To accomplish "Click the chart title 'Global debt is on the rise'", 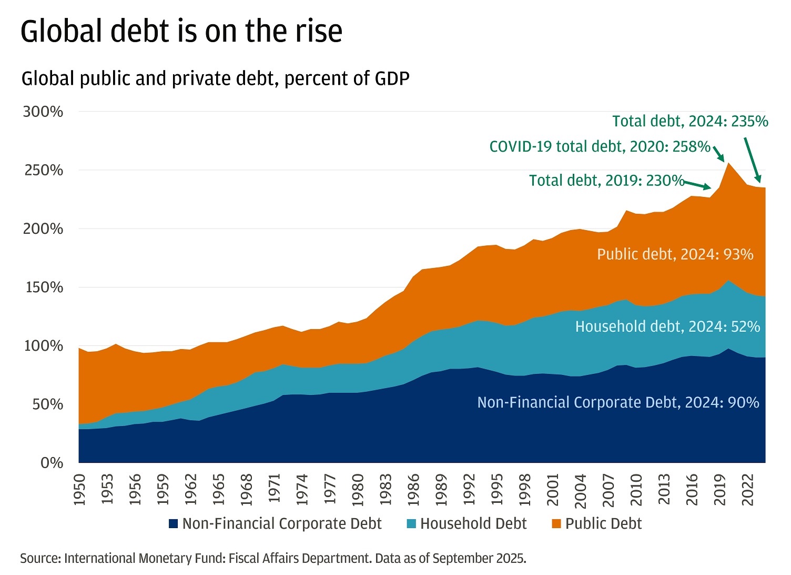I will coord(181,32).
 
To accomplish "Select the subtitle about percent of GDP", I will coord(215,79).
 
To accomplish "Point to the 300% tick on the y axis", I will coord(43,112).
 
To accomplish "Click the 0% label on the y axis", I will coord(52,463).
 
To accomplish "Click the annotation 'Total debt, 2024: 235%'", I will coord(690,122).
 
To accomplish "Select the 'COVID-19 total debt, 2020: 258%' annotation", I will coord(600,146).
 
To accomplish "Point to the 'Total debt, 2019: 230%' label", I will coord(606,181).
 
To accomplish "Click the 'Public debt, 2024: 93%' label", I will coord(675,254).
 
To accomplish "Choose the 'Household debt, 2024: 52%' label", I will coord(667,326).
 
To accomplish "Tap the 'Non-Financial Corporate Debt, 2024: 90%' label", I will coord(618,403).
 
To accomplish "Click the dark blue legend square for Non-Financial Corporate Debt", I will coord(173,524).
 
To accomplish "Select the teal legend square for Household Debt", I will coord(411,524).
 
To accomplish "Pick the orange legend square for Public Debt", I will coord(556,524).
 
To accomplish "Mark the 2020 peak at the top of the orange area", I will coord(728,163).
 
